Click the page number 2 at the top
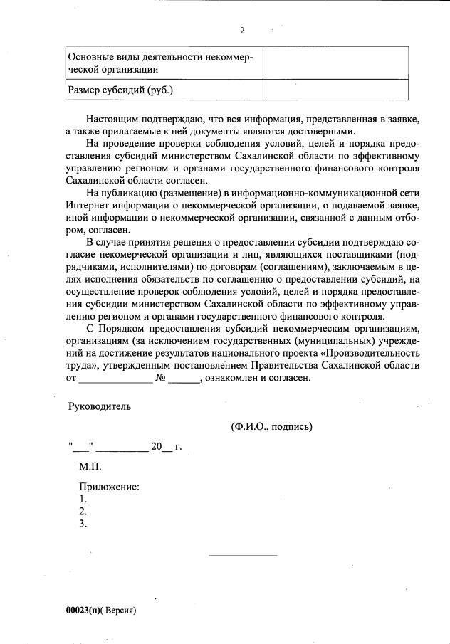click(242, 31)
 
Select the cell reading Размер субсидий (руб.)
click(120, 90)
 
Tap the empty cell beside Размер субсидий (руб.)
click(335, 90)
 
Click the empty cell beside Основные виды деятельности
click(335, 63)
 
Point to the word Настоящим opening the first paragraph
click(114, 118)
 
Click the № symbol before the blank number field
click(160, 379)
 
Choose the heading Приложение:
click(108, 487)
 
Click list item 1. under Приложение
click(83, 500)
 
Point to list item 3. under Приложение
click(83, 524)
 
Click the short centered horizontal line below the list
click(243, 555)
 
